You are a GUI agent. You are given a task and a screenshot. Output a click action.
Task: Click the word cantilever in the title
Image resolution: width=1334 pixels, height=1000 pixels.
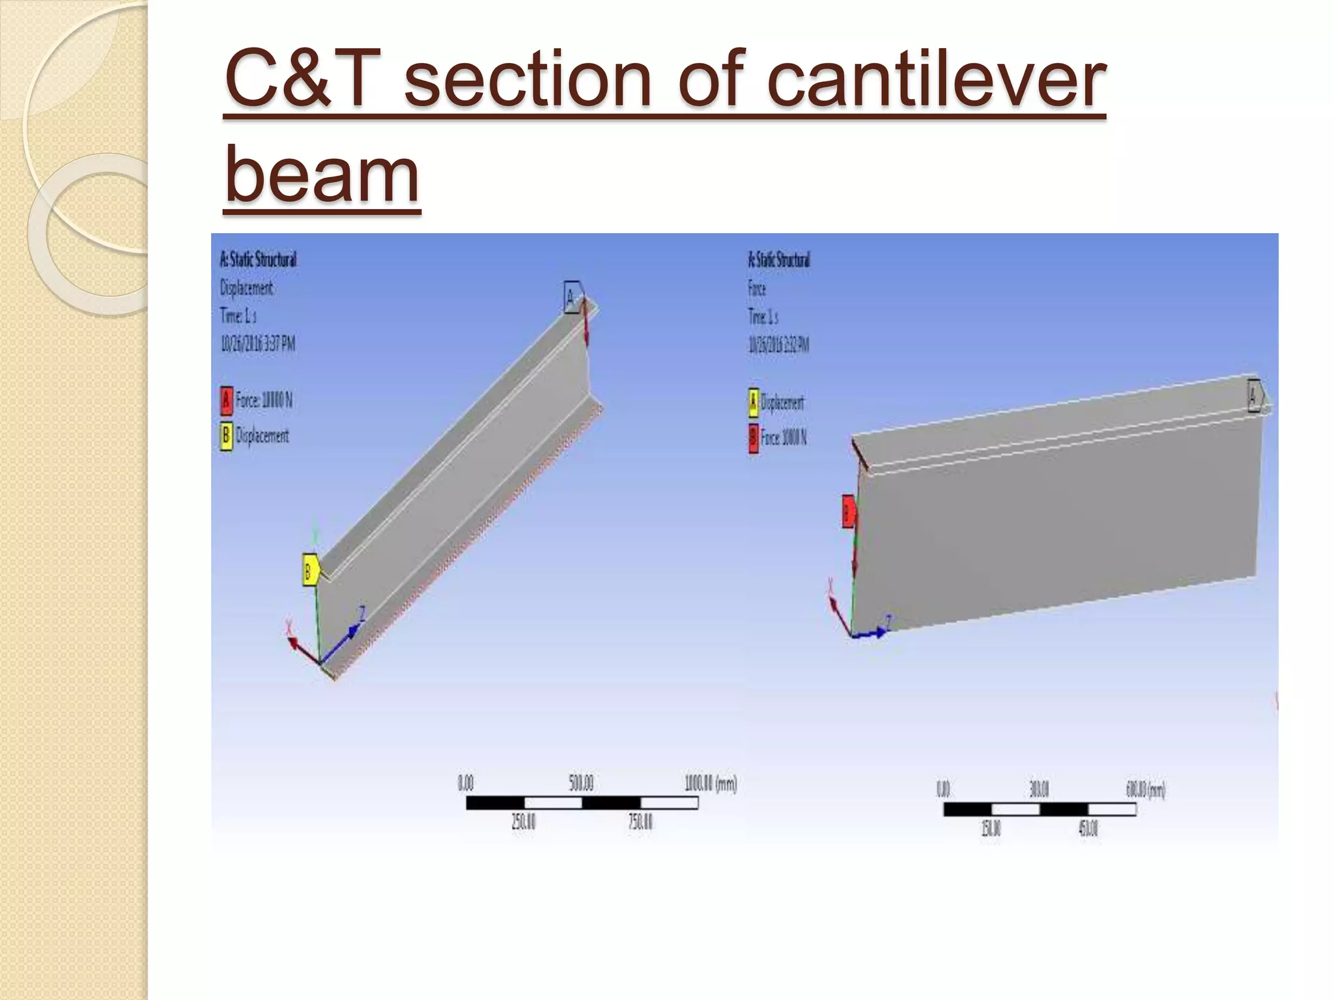click(935, 81)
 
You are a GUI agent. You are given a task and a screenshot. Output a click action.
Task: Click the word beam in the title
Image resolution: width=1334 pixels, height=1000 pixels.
click(322, 174)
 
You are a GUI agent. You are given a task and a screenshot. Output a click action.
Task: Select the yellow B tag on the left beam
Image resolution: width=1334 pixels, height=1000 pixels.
click(309, 572)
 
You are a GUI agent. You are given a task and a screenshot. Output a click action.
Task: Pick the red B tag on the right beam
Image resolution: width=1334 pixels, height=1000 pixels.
click(848, 511)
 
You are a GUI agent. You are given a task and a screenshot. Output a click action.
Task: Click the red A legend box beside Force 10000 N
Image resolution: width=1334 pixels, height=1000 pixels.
click(226, 400)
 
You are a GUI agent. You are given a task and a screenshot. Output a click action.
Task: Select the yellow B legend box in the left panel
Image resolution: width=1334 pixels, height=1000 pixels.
click(226, 436)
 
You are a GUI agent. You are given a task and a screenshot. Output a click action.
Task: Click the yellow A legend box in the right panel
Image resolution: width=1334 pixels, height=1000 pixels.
click(753, 402)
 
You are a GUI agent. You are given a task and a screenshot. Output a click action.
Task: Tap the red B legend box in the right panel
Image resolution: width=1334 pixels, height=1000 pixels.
click(753, 437)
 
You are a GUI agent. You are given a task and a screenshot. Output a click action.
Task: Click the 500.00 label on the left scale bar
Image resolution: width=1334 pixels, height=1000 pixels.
click(580, 783)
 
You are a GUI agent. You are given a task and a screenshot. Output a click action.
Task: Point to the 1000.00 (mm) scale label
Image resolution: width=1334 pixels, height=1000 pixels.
click(710, 783)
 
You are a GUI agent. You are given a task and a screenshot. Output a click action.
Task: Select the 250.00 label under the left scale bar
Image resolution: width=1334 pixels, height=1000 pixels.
click(523, 822)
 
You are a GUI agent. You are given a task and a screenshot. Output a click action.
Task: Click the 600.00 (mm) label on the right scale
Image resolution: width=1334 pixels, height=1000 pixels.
click(1145, 790)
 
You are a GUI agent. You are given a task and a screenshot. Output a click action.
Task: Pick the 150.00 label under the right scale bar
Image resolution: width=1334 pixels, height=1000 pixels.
click(991, 829)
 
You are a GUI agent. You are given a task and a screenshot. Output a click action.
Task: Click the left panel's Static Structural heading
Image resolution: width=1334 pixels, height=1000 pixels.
click(258, 260)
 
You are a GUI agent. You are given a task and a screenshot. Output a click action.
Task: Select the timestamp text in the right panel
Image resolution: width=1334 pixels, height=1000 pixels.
click(778, 345)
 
